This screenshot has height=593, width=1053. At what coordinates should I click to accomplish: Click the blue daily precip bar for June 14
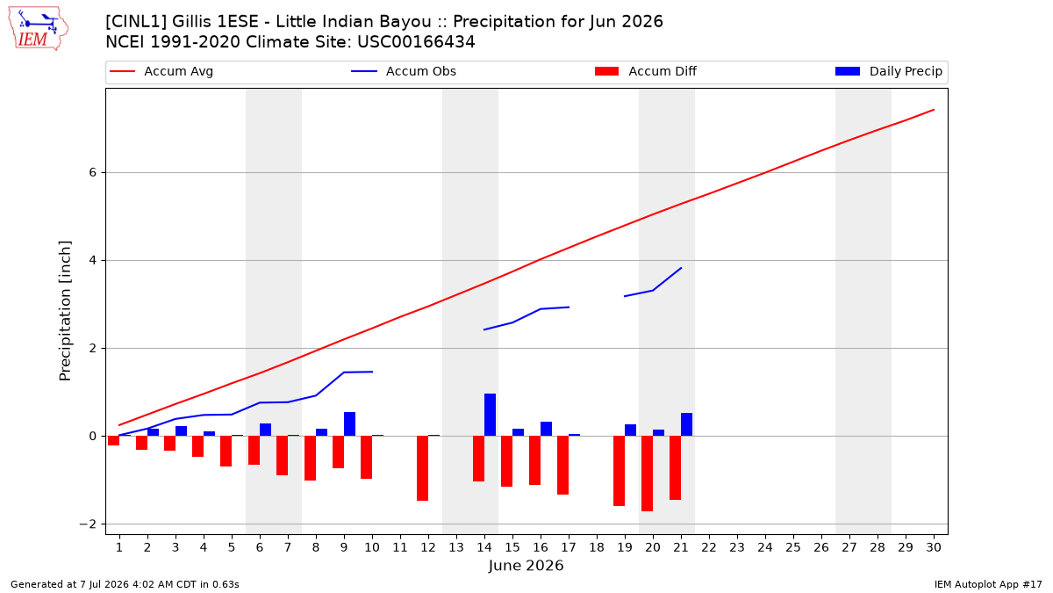[x=490, y=415]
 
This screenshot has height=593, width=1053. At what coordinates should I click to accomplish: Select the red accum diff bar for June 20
[x=648, y=474]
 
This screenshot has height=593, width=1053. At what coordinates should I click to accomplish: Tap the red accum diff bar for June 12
[x=423, y=468]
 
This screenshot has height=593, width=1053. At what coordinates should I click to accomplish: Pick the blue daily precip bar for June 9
[x=350, y=424]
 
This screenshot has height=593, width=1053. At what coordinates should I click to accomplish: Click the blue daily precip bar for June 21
[x=687, y=424]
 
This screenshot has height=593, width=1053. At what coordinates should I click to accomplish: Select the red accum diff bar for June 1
[x=114, y=440]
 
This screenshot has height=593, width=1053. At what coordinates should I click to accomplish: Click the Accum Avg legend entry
[x=161, y=71]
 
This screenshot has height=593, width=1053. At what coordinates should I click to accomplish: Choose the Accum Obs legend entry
[x=404, y=71]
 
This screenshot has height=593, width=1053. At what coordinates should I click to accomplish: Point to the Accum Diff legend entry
[x=646, y=71]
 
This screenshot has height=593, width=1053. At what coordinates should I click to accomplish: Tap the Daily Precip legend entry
[x=888, y=71]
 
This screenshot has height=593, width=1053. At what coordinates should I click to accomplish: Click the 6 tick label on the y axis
[x=92, y=173]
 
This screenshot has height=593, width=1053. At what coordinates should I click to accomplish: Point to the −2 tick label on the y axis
[x=88, y=524]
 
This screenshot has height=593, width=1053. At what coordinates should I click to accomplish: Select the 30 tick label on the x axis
[x=934, y=547]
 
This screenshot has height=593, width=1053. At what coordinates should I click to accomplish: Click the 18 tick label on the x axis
[x=597, y=547]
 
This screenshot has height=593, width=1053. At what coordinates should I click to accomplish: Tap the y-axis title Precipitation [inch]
[x=65, y=311]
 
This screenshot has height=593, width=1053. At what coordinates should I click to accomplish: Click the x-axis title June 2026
[x=526, y=565]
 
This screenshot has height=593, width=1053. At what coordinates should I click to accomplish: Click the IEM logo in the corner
[x=39, y=29]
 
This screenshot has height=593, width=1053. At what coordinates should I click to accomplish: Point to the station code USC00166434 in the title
[x=416, y=42]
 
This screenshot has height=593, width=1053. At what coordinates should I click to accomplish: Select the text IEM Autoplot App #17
[x=988, y=584]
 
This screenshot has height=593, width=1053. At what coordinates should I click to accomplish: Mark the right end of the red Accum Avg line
[x=934, y=110]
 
